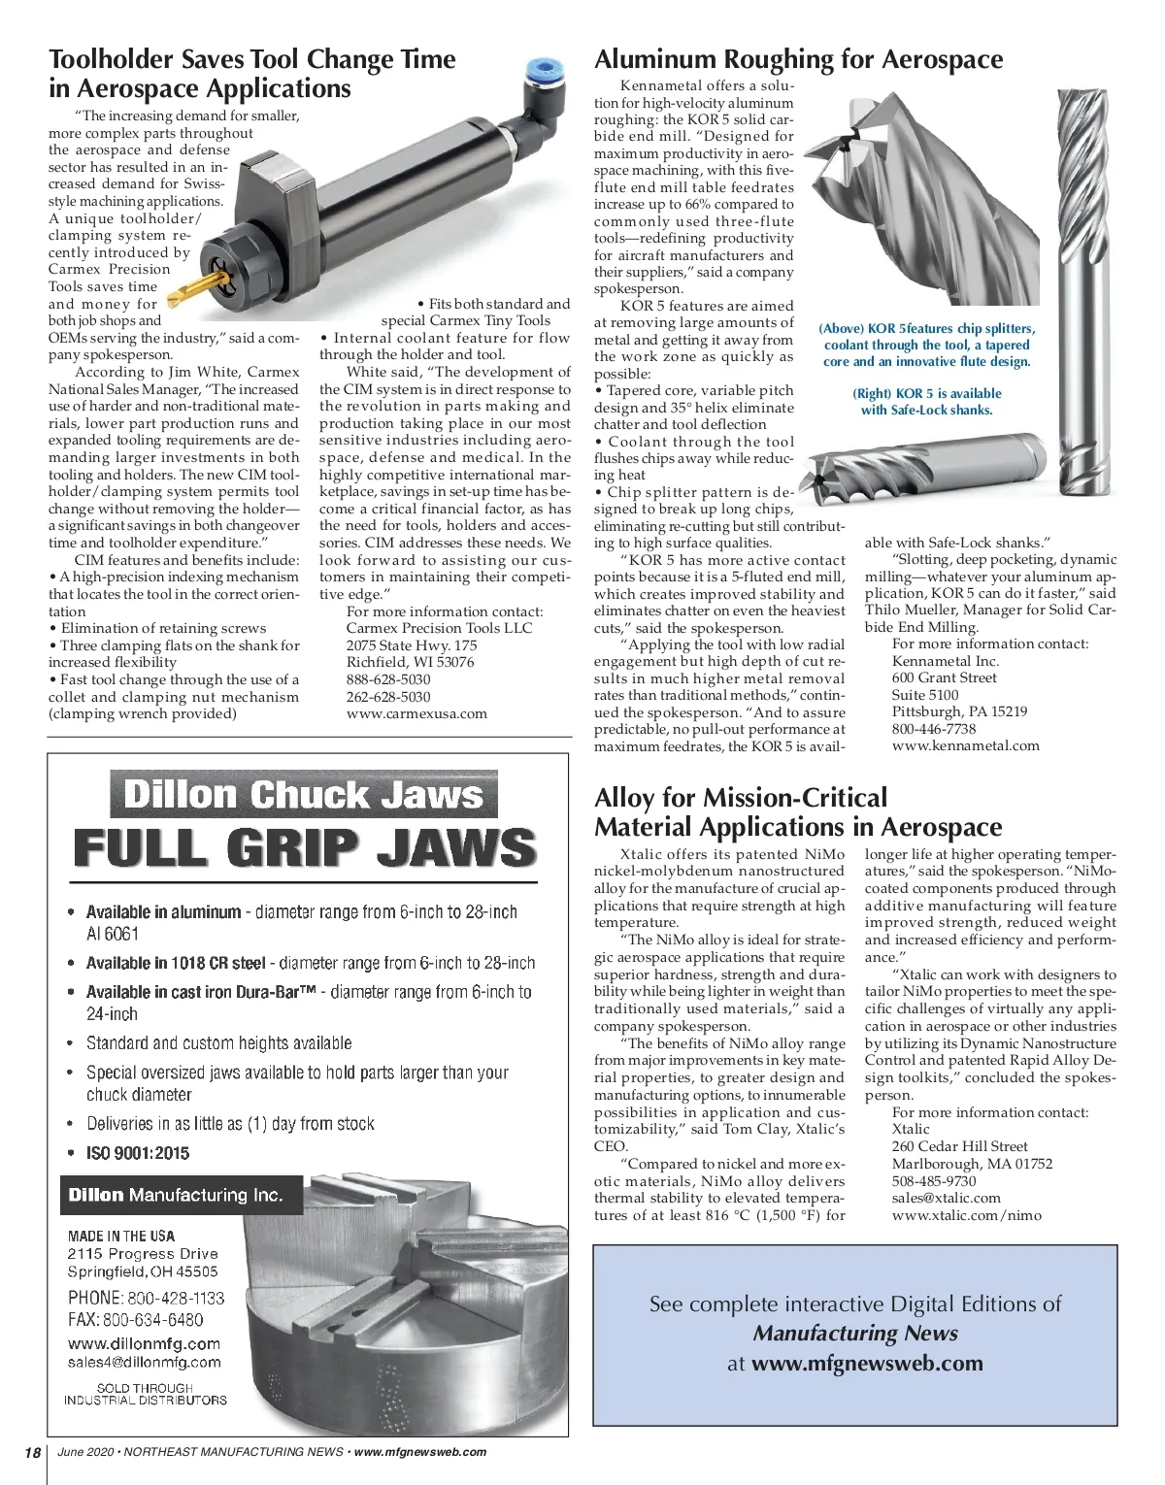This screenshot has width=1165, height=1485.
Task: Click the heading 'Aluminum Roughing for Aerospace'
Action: click(799, 59)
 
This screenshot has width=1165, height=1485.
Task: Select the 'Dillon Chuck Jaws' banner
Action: click(303, 795)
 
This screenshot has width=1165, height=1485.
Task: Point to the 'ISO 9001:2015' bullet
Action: click(138, 1153)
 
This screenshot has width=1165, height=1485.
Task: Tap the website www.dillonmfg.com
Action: click(144, 1343)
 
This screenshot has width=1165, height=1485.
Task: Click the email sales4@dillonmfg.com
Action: click(144, 1362)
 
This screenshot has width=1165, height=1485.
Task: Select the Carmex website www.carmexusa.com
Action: click(416, 713)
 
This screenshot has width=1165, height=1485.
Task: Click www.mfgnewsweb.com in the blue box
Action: click(867, 1363)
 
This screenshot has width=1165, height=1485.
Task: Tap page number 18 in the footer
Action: click(33, 1452)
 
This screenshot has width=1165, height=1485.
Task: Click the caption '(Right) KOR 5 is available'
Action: click(926, 393)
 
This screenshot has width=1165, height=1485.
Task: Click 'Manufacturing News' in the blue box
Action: click(855, 1334)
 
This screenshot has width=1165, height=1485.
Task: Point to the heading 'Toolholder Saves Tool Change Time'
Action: click(252, 59)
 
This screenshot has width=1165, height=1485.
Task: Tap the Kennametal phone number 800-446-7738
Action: click(933, 729)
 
